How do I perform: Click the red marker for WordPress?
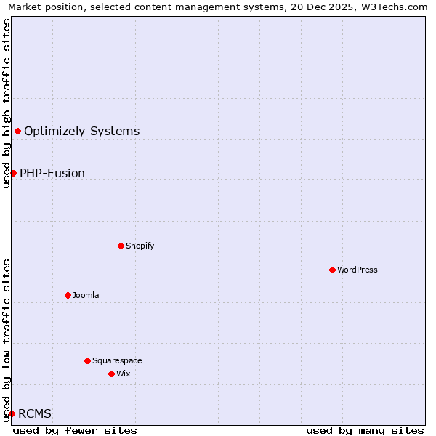[332, 270]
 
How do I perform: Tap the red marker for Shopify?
[121, 246]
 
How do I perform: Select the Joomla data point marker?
[68, 295]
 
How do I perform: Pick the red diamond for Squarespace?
[87, 360]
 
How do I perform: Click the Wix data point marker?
[111, 374]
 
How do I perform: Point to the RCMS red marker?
[12, 413]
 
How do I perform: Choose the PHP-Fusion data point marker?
[13, 173]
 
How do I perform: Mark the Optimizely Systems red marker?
[17, 131]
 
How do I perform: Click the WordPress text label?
[358, 270]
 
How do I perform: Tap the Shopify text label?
[140, 246]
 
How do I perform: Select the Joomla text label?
[86, 295]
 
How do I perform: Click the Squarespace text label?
[117, 360]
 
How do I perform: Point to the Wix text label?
[123, 374]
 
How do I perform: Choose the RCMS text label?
[35, 413]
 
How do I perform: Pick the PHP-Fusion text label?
[52, 173]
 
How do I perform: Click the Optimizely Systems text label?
[82, 131]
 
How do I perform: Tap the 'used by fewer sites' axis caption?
[75, 430]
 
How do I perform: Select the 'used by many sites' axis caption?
[365, 430]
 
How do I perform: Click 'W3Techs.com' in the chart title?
[396, 7]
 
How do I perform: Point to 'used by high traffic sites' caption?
[7, 103]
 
